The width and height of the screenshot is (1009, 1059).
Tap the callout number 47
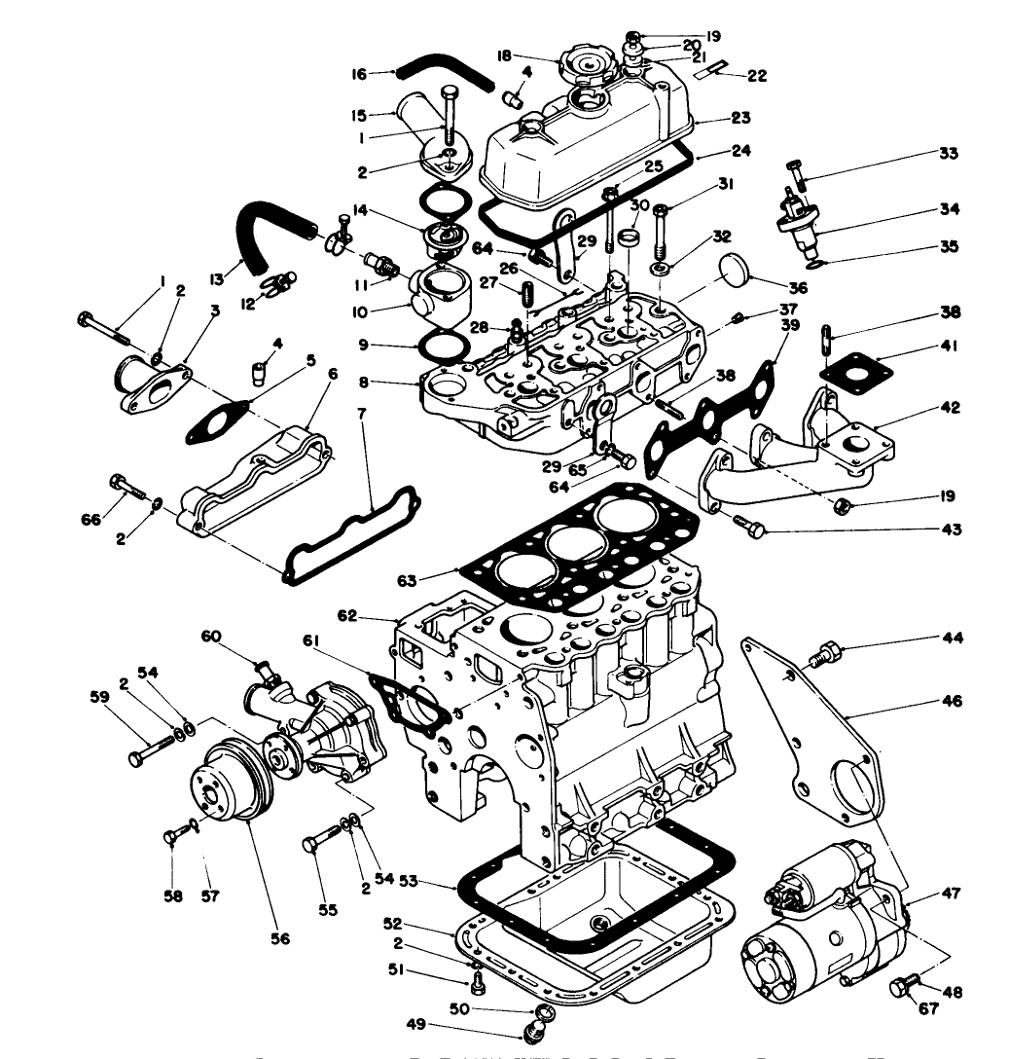(x=952, y=894)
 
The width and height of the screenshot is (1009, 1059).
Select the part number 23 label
(x=741, y=118)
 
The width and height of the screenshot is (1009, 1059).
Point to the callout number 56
(x=280, y=938)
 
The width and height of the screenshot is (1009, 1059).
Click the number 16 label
(x=360, y=74)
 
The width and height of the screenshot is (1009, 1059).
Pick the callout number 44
(x=952, y=639)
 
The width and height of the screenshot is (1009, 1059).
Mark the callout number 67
(x=929, y=1008)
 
